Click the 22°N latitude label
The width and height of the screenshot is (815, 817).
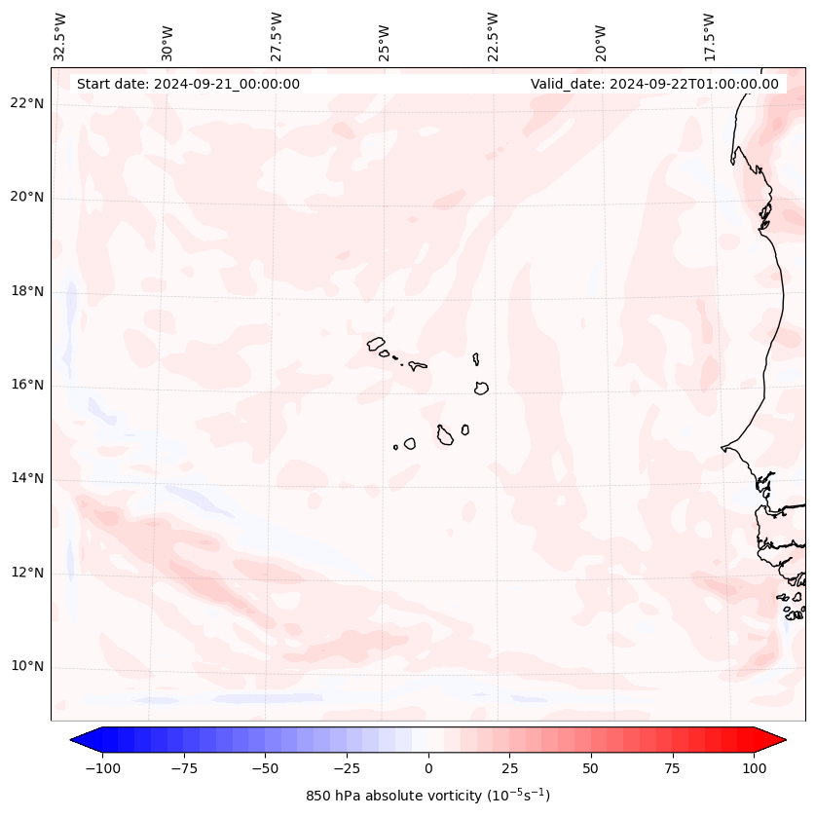(x=25, y=104)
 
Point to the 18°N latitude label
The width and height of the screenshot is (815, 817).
(x=25, y=291)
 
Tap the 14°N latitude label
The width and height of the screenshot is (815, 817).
(x=25, y=478)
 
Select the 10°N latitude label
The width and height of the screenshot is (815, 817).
(x=25, y=667)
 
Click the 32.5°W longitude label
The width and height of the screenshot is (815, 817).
(x=59, y=37)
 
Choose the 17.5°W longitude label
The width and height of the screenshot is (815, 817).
(x=709, y=37)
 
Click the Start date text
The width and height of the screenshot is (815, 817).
(x=188, y=84)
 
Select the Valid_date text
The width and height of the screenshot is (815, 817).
(x=654, y=84)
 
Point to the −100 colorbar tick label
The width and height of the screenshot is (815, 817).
(x=100, y=768)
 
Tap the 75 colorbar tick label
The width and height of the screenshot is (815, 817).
(x=673, y=768)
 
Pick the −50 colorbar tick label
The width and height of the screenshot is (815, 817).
(x=264, y=768)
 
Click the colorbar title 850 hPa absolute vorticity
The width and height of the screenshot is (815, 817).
(x=427, y=796)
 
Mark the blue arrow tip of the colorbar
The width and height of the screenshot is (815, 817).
(x=81, y=740)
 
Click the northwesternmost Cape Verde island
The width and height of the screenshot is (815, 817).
(x=376, y=343)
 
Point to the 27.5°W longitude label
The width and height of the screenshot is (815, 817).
(x=277, y=37)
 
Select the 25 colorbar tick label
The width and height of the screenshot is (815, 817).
(x=509, y=768)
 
